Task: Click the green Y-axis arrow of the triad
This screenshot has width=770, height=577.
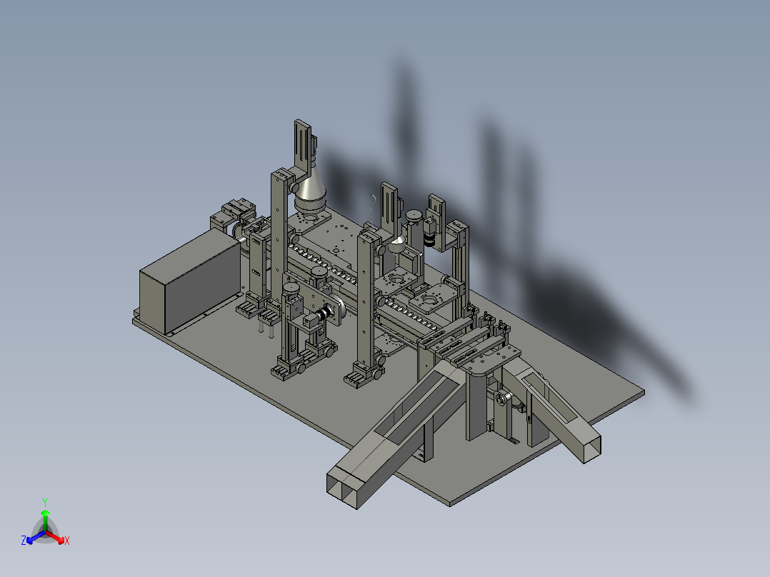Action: (x=45, y=520)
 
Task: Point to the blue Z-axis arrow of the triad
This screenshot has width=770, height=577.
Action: (x=36, y=537)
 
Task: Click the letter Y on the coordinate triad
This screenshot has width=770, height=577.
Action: (x=45, y=503)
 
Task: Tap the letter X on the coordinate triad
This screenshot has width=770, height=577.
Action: (x=67, y=541)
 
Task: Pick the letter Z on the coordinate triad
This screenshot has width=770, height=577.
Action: (x=24, y=540)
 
